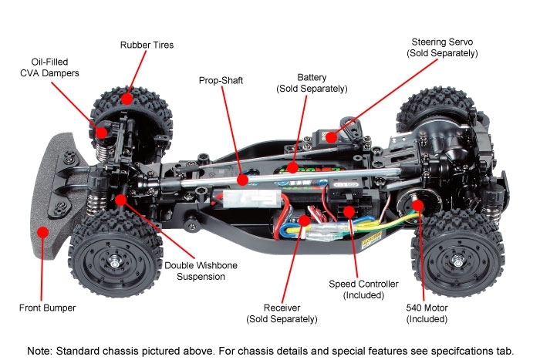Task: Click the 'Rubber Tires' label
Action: coord(147,45)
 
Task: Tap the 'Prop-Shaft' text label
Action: coord(220,80)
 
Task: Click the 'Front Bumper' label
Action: coord(48,308)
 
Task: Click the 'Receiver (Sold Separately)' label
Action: coord(282,313)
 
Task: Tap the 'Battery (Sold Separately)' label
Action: coord(312,83)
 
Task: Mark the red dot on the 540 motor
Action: coord(417,206)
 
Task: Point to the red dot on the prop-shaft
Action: coord(241,180)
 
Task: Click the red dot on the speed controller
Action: coord(349,210)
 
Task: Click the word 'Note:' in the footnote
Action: coord(40,350)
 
